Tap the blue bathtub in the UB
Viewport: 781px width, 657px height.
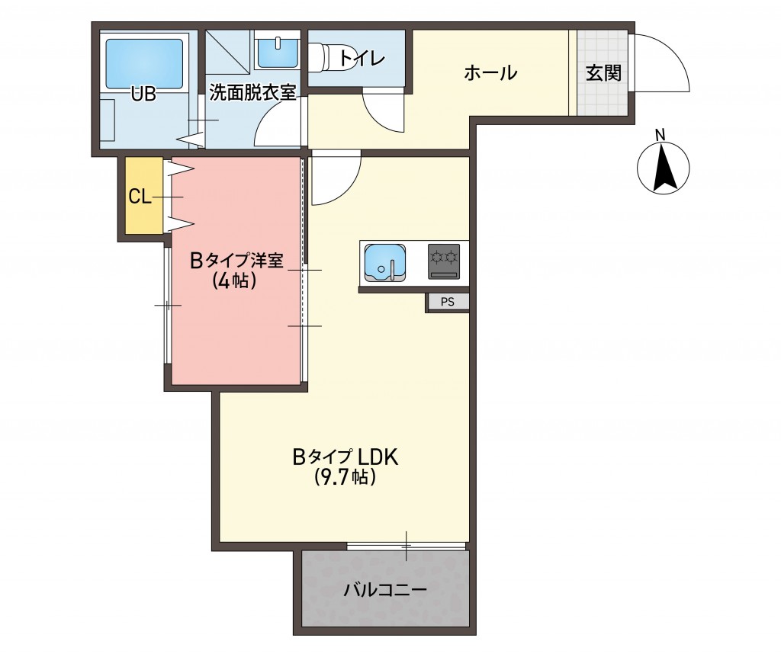tap(146, 58)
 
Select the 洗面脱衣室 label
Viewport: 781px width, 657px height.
tap(252, 94)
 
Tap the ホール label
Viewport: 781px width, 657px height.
tap(490, 73)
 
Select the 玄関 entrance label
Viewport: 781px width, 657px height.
tap(603, 73)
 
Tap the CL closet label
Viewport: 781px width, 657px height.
tap(140, 197)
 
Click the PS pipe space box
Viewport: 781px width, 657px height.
tap(447, 302)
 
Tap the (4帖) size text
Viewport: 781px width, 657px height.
tap(234, 281)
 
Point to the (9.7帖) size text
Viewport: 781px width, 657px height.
tap(346, 478)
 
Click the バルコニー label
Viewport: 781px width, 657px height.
tap(384, 589)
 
